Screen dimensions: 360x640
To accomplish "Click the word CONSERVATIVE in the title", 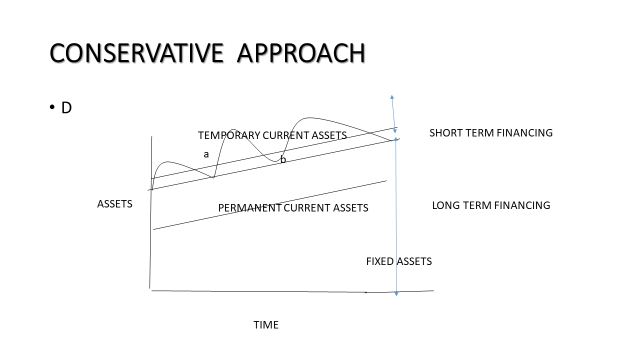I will coord(135,53).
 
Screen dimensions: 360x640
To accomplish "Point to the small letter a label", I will coord(206,154).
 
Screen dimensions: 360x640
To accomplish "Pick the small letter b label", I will coord(283,159).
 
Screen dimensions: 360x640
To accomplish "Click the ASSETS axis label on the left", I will coord(114,204).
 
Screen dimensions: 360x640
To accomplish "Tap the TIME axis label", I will coord(265,325).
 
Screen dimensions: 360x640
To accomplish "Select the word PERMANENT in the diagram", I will coord(248,208).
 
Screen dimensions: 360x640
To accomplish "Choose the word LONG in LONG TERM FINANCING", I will coord(446,205).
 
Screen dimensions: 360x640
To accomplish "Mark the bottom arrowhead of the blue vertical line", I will coord(397,293).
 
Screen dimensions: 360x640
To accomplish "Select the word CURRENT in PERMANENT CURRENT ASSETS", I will coord(309,208).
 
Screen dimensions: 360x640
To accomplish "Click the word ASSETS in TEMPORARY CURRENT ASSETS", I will coord(329,135).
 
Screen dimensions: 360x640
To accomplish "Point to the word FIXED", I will coord(381,262).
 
